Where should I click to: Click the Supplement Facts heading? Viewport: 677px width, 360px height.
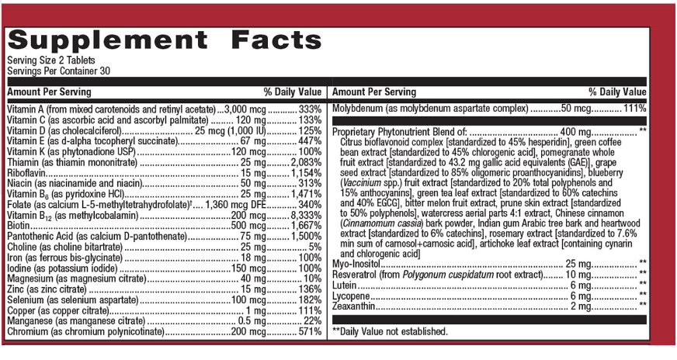point(164,40)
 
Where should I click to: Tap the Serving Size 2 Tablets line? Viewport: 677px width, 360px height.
point(49,61)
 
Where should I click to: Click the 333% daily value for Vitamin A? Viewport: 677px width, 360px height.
point(310,110)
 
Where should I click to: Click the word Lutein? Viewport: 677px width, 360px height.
point(345,285)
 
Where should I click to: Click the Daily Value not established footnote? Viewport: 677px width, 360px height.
point(390,332)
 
